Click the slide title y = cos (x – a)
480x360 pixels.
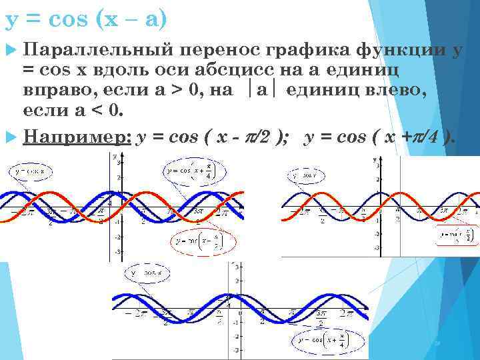[85, 19]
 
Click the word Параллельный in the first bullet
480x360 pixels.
[97, 49]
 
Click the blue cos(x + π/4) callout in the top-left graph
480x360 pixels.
[191, 170]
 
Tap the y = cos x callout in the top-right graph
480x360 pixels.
[307, 175]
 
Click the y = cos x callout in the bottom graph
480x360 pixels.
[146, 273]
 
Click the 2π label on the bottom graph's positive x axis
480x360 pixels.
[345, 312]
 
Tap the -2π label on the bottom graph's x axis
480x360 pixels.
[138, 312]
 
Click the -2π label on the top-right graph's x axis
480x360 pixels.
[303, 210]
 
